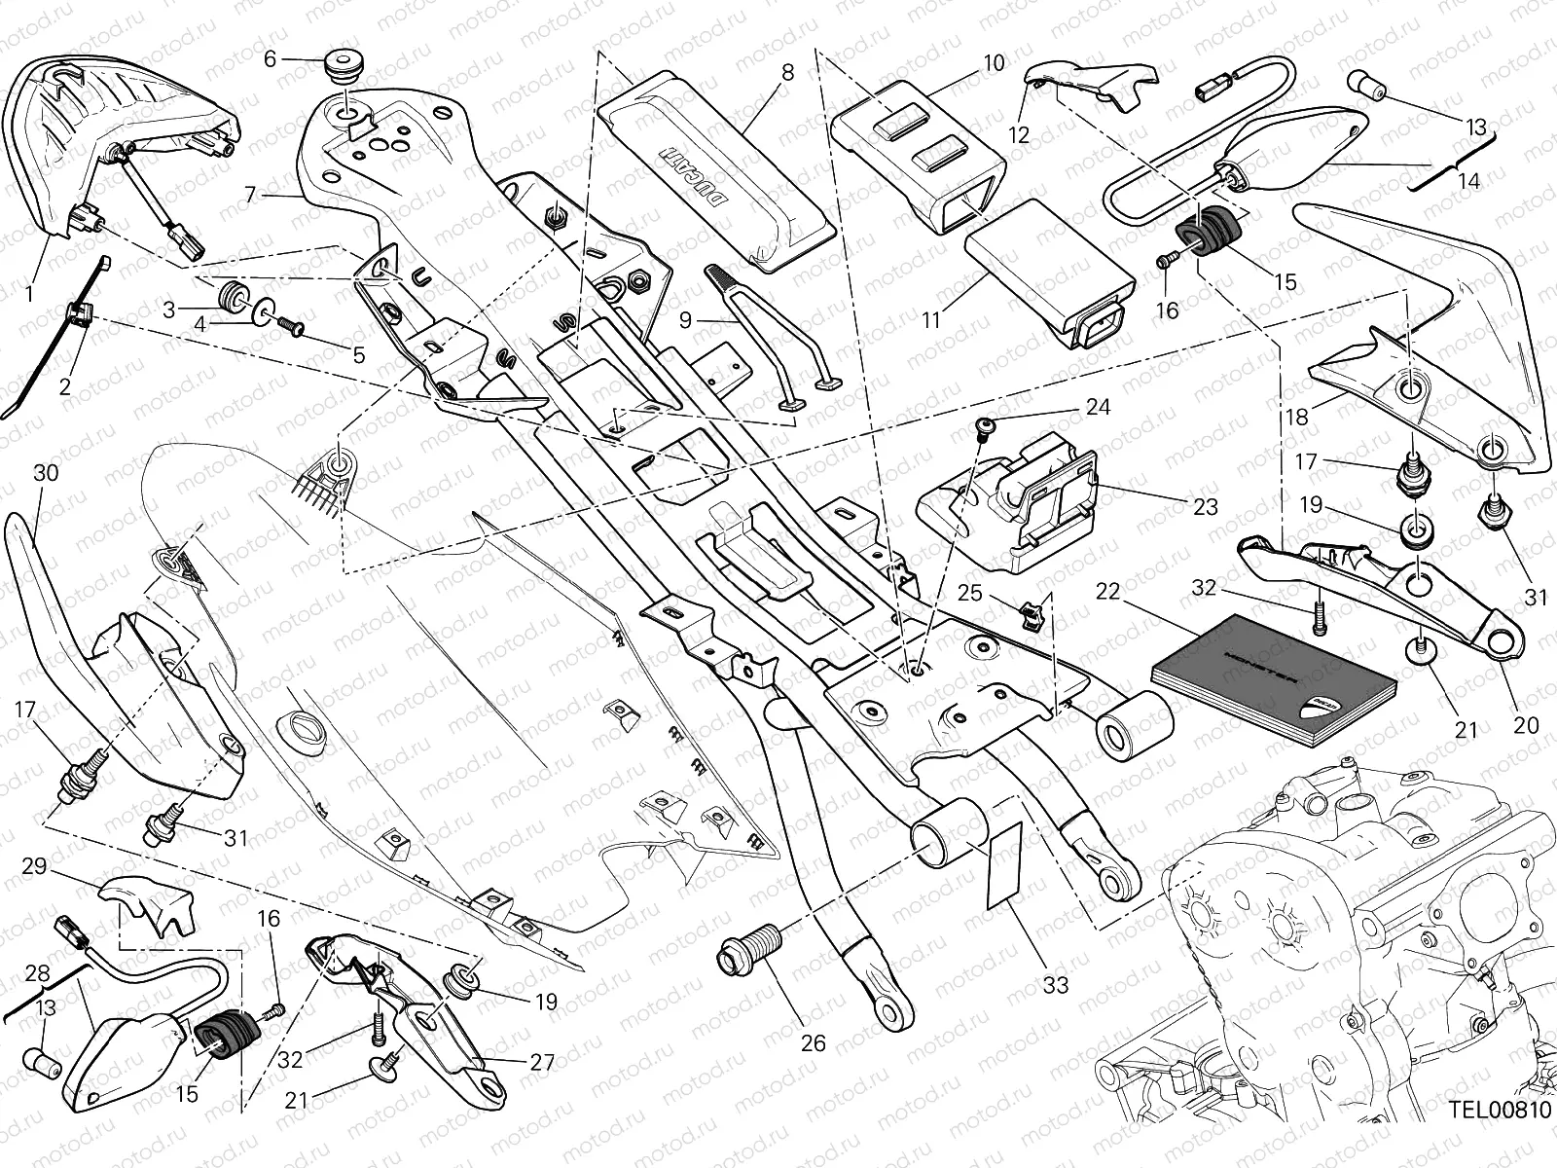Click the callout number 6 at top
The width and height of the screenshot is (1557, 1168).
271,59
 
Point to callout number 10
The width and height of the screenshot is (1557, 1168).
994,64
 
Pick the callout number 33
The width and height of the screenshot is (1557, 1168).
1055,985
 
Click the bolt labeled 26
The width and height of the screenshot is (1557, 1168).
748,948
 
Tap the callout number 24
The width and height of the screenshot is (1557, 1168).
1099,407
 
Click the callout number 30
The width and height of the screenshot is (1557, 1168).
45,474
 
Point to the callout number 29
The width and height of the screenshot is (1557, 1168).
34,866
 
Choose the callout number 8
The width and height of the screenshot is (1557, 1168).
787,72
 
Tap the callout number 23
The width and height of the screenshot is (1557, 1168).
1205,507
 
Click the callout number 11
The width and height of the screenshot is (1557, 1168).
932,318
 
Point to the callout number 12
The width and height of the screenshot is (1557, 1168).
1019,135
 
